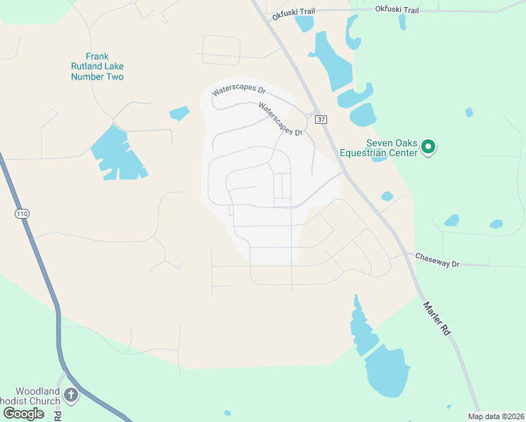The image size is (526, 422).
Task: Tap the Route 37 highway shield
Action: (x=321, y=120)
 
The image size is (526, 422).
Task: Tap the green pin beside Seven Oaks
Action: (x=428, y=147)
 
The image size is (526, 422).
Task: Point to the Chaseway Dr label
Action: (x=437, y=260)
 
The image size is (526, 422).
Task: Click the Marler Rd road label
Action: (x=435, y=318)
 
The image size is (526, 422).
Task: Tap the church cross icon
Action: (x=71, y=395)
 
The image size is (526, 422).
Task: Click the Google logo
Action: (x=24, y=413)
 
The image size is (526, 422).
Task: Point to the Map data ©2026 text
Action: (x=495, y=416)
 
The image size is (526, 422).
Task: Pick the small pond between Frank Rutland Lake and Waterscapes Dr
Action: (x=179, y=113)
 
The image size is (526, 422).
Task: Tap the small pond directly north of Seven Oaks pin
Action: (x=468, y=112)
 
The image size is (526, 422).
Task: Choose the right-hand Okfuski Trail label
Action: (x=397, y=10)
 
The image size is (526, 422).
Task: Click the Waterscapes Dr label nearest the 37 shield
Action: (x=280, y=120)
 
